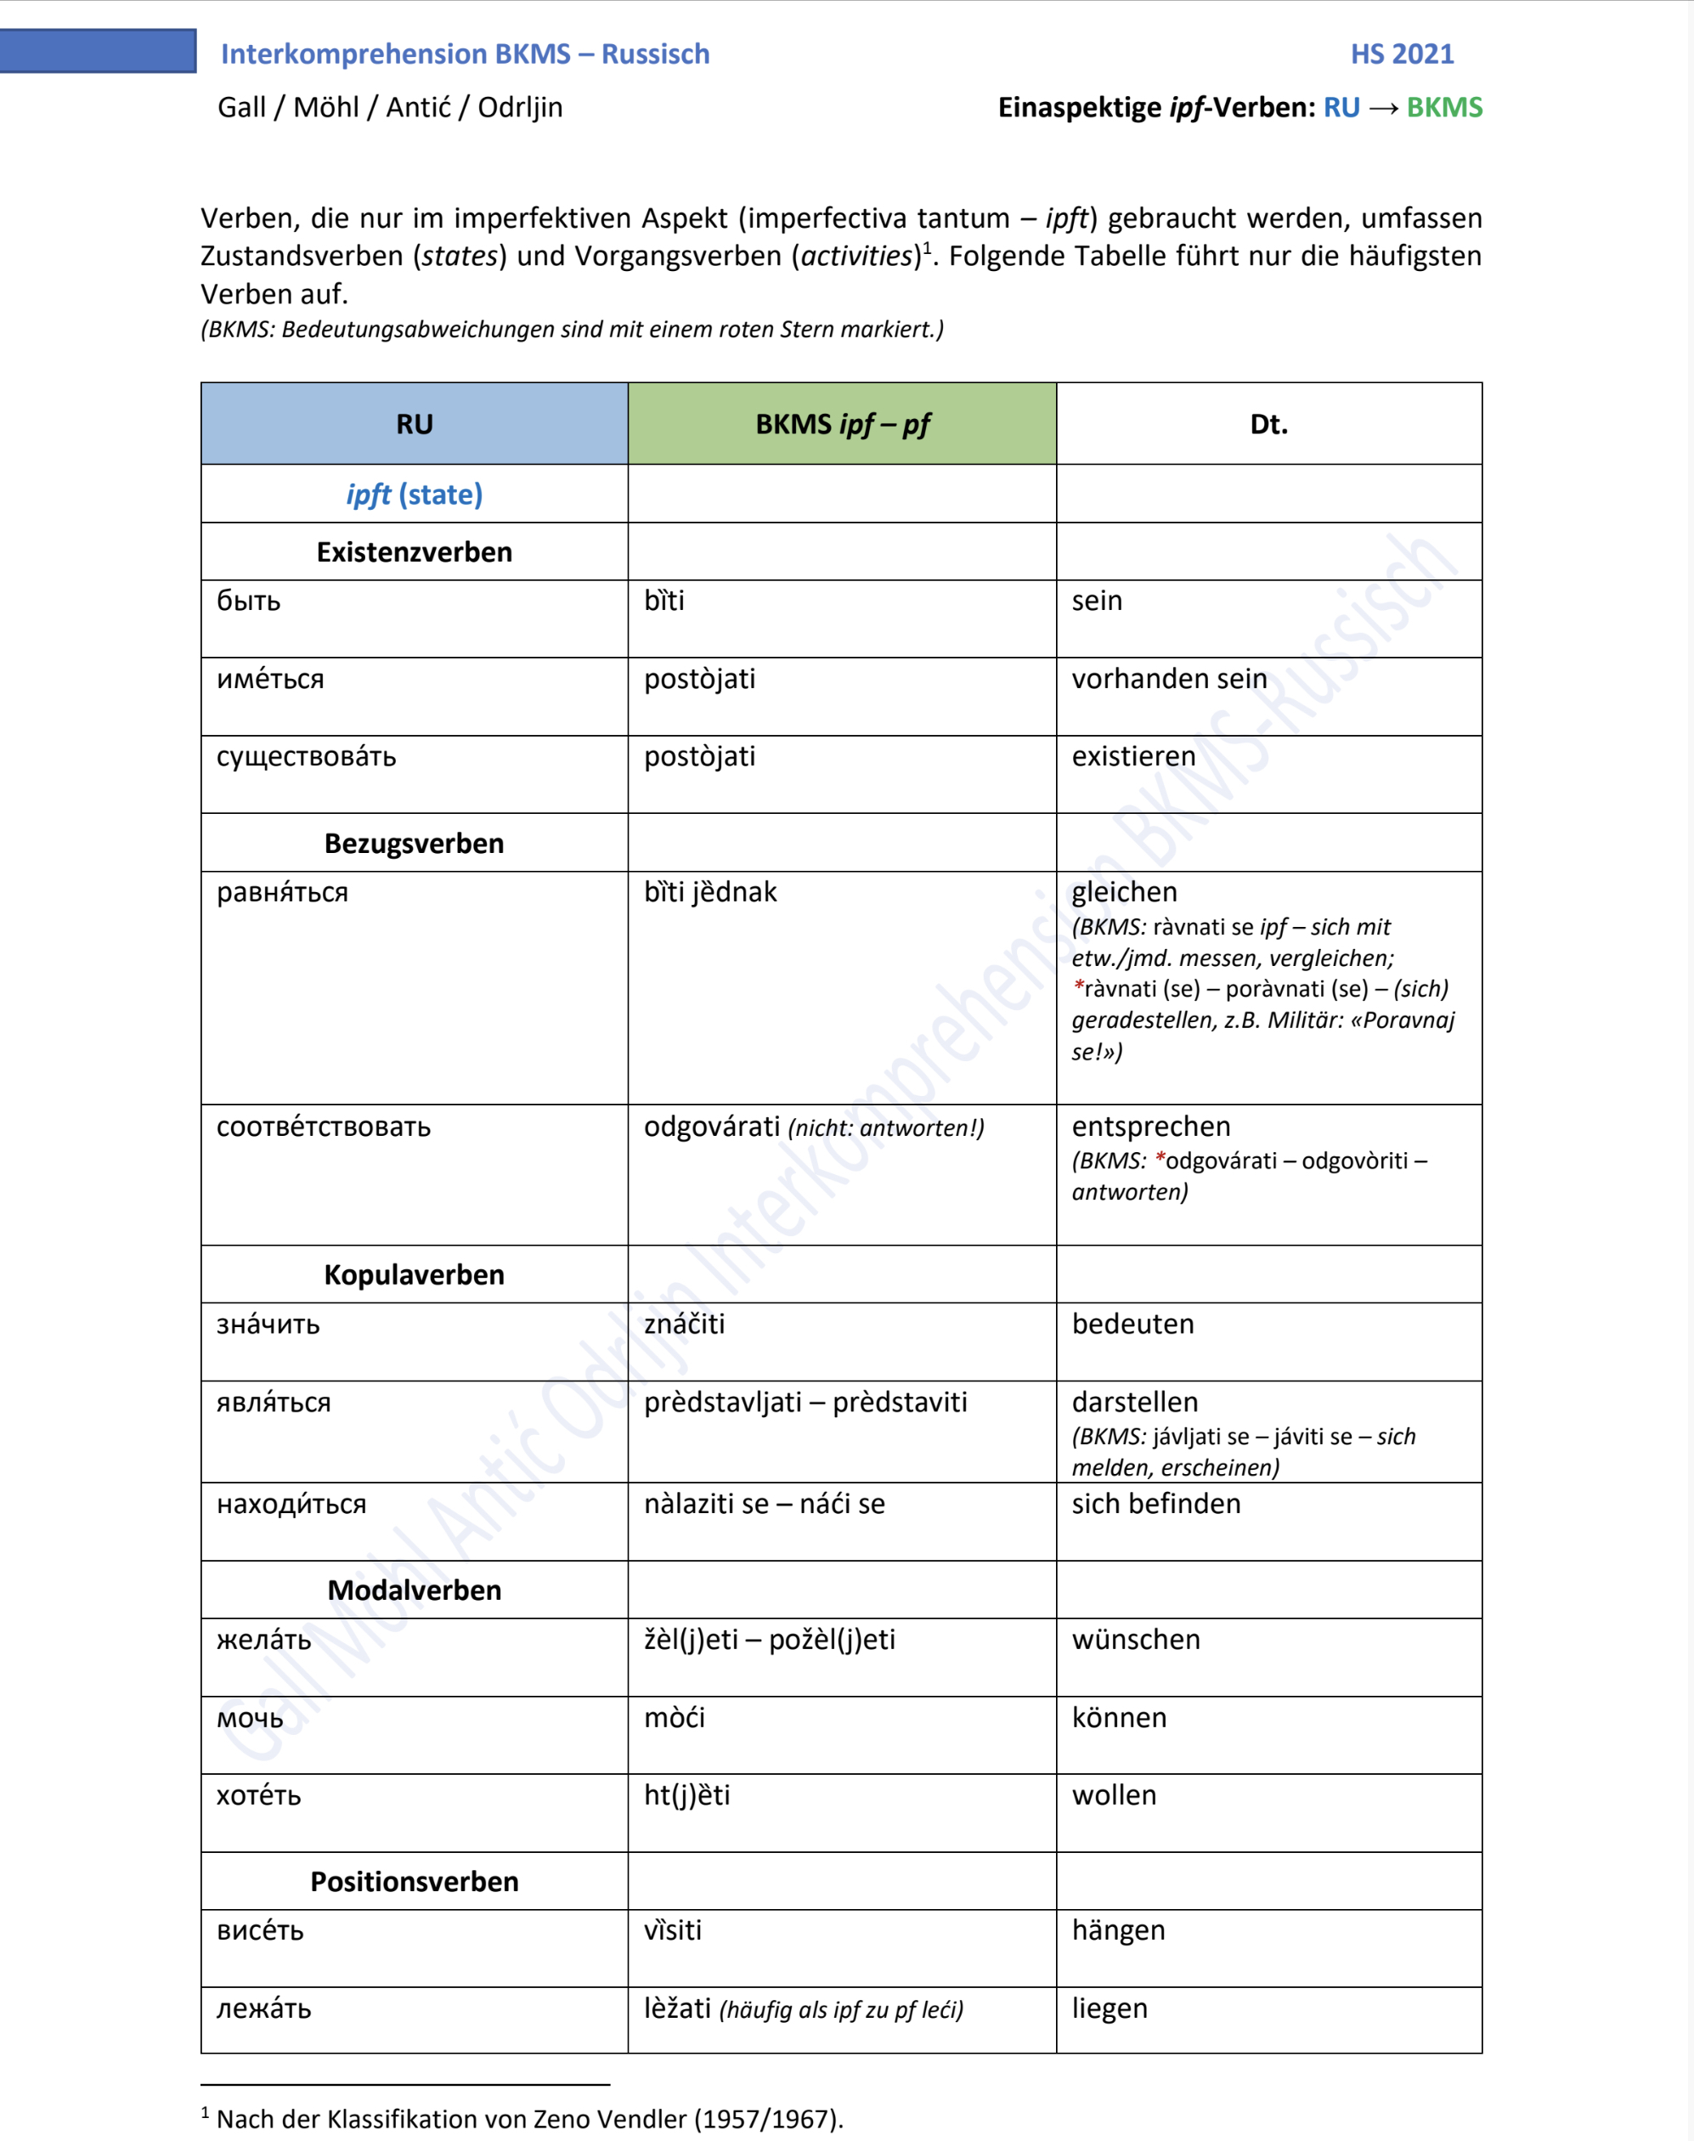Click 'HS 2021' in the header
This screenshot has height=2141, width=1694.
coord(1402,54)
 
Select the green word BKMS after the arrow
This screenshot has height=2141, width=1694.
coord(1444,107)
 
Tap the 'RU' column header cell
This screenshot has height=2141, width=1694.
coord(415,425)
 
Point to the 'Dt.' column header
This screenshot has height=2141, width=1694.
coord(1268,425)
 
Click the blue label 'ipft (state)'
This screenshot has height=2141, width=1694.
coord(415,494)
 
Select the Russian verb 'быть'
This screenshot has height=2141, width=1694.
coord(249,601)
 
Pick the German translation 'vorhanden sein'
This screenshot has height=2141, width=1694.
coord(1168,680)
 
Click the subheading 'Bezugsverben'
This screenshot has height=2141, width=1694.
coord(415,844)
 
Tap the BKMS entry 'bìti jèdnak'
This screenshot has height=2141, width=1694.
coord(710,892)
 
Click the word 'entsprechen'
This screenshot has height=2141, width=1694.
coord(1150,1127)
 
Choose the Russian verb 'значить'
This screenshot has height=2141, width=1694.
coord(268,1325)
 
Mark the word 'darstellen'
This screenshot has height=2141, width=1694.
coord(1135,1402)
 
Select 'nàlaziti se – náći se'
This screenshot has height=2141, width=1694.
coord(764,1505)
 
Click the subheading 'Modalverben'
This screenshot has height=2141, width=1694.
coord(415,1590)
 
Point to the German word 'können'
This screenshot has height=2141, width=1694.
coord(1119,1718)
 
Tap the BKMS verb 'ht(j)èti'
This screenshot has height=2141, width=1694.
coord(686,1796)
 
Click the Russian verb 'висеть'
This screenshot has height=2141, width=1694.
coord(260,1932)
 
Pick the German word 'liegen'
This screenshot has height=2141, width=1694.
coord(1109,2009)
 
